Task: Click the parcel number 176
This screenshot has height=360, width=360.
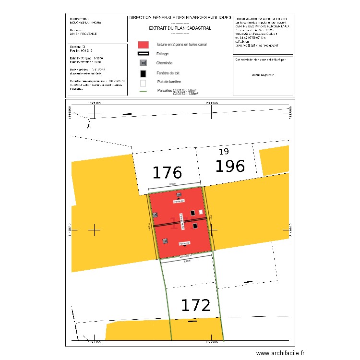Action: pyautogui.click(x=167, y=172)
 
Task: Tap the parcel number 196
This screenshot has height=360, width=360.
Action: pyautogui.click(x=230, y=166)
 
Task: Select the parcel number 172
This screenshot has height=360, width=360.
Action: pyautogui.click(x=195, y=305)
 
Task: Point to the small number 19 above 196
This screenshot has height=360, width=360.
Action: pyautogui.click(x=224, y=152)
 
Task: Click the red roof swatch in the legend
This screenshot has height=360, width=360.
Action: pyautogui.click(x=143, y=45)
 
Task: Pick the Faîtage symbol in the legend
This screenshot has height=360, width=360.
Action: pyautogui.click(x=143, y=54)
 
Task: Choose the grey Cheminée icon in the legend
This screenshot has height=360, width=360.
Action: pyautogui.click(x=143, y=63)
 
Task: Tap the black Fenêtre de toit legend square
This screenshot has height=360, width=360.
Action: pyautogui.click(x=143, y=73)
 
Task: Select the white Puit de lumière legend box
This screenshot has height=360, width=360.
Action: pyautogui.click(x=143, y=82)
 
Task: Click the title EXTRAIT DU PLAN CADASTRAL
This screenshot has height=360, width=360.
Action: pyautogui.click(x=180, y=28)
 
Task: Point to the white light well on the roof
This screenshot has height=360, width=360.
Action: pyautogui.click(x=201, y=212)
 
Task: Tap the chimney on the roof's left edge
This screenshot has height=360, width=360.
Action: pyautogui.click(x=155, y=215)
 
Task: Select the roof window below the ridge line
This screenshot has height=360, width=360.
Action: pyautogui.click(x=195, y=226)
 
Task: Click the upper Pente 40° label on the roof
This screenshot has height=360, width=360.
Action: pyautogui.click(x=179, y=202)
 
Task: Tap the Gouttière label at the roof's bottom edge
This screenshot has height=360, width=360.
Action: pyautogui.click(x=185, y=257)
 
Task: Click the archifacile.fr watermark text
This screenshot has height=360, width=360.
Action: pyautogui.click(x=280, y=353)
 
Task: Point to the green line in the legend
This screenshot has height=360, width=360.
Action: pyautogui.click(x=143, y=91)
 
